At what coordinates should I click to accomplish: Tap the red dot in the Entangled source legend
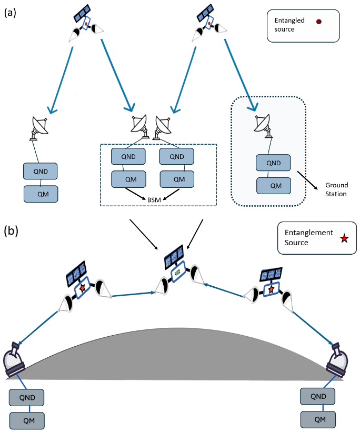[x=318, y=22]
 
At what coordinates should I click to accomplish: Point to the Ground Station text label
[x=336, y=189]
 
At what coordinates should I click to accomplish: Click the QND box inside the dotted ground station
[x=273, y=163]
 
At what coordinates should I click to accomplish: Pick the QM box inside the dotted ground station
[x=273, y=185]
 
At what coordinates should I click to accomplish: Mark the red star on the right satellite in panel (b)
[x=271, y=289]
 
